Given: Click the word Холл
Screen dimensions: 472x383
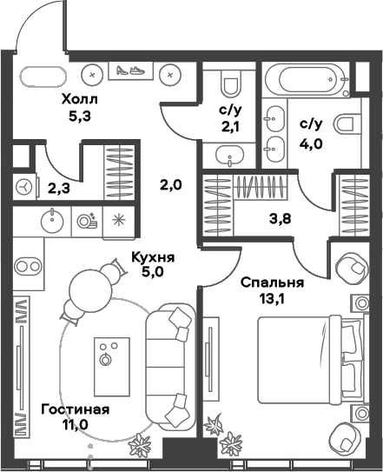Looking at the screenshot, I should coord(79,100).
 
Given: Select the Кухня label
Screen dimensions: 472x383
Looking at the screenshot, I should coord(153,257).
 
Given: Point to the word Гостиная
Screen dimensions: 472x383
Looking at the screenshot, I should coord(75,409).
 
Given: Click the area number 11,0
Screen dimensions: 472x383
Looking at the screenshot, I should coord(75,426).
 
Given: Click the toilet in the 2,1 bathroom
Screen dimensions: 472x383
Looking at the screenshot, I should coord(230,84).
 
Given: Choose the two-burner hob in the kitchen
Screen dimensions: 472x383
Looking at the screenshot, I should coord(30,264).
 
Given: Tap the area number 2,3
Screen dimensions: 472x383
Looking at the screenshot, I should coord(58,184).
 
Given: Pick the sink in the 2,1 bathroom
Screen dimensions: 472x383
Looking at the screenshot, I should coord(229,156).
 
